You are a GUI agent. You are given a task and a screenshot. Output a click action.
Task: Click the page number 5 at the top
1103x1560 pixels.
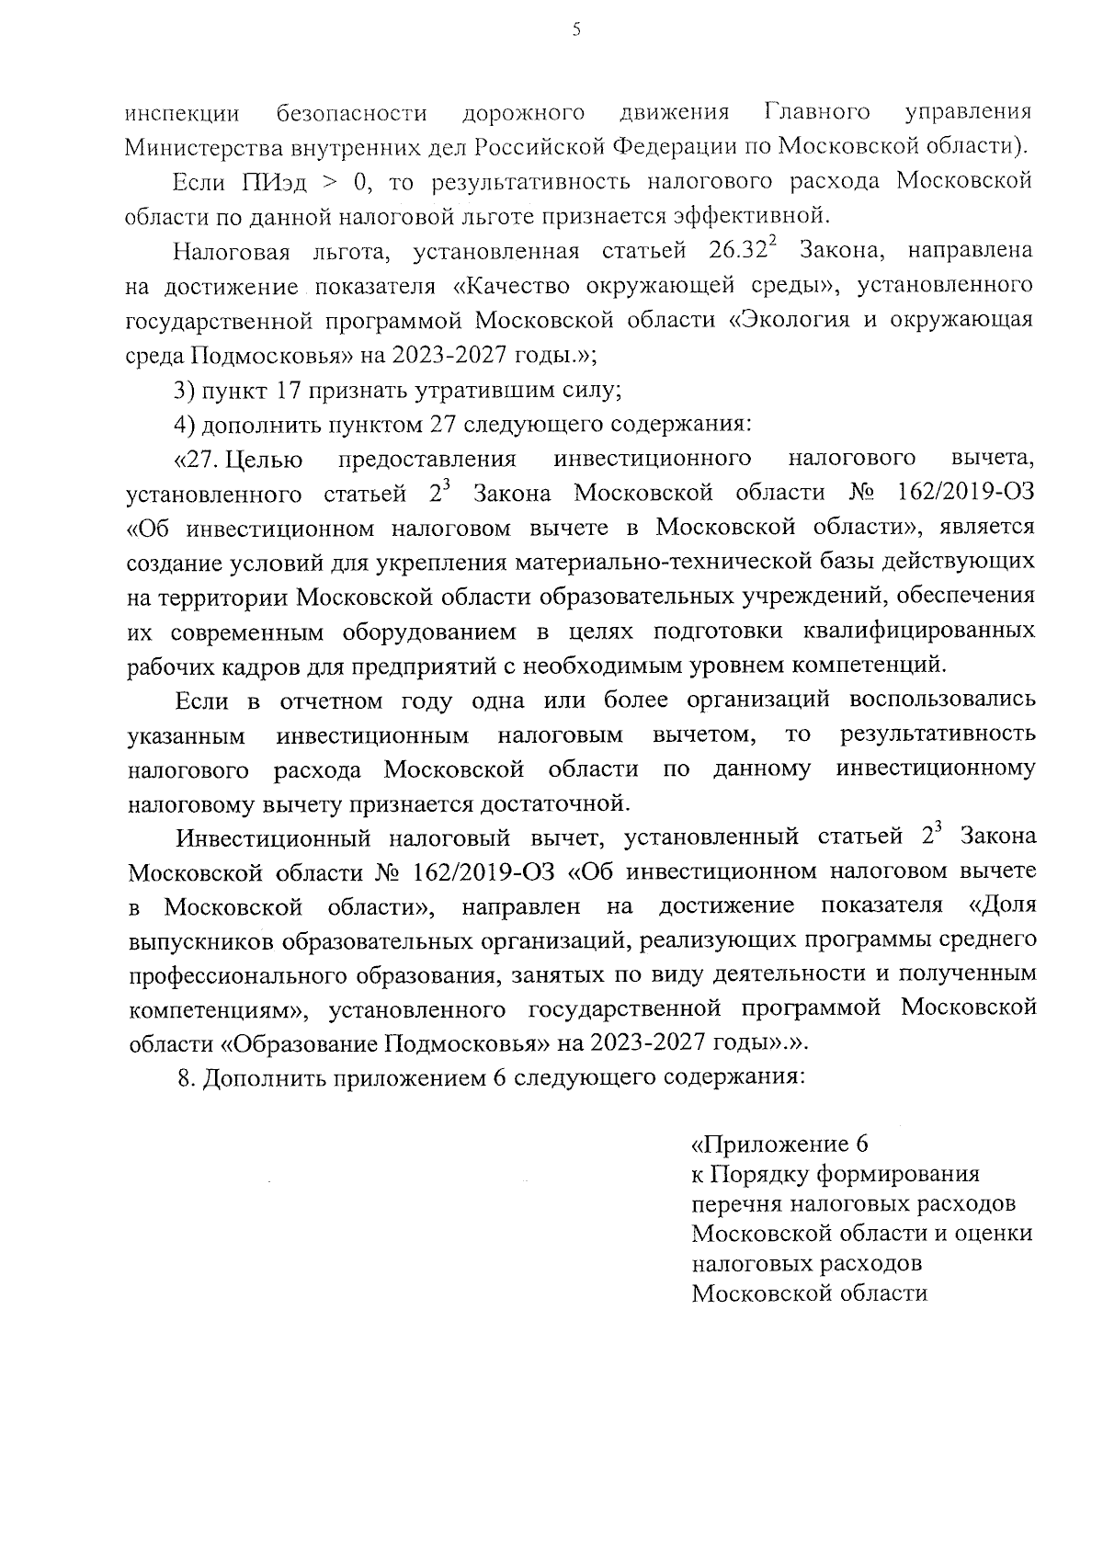click(576, 29)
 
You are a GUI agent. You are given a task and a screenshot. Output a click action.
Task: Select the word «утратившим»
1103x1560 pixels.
click(482, 390)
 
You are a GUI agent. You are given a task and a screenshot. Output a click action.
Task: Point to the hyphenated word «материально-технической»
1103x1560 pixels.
click(694, 561)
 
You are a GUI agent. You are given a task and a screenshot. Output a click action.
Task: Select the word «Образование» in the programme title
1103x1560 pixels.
click(300, 1043)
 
